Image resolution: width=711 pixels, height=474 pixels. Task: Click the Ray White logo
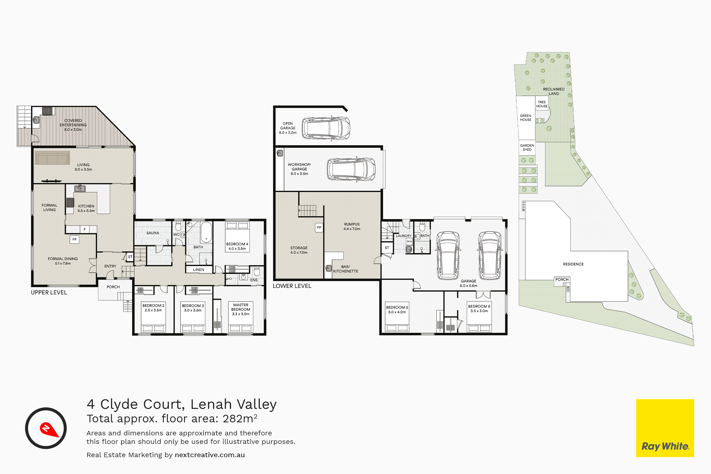coord(665,428)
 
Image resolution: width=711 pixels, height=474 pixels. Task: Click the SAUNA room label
coord(153,233)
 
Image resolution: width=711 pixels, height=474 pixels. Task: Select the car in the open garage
coord(326,128)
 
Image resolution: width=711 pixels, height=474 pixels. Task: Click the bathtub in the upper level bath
coord(206,232)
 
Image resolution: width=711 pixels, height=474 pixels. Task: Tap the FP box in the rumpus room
coord(319,228)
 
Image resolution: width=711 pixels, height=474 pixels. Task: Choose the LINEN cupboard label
coord(199,270)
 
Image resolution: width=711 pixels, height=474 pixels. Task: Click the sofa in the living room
coord(53,158)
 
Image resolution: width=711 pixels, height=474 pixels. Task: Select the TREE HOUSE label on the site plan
coord(542,104)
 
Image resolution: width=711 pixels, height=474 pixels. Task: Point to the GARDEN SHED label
coord(527,147)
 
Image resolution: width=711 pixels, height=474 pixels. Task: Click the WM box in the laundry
coord(409,241)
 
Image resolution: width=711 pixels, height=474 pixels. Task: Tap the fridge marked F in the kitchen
coord(85,229)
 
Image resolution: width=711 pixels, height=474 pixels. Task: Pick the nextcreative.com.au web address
coord(210,455)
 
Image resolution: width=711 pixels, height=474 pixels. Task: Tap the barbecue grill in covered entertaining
coord(47,111)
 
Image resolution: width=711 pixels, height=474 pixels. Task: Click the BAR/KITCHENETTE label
coord(346,269)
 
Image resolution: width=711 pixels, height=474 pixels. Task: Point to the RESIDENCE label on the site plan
coord(573,264)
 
